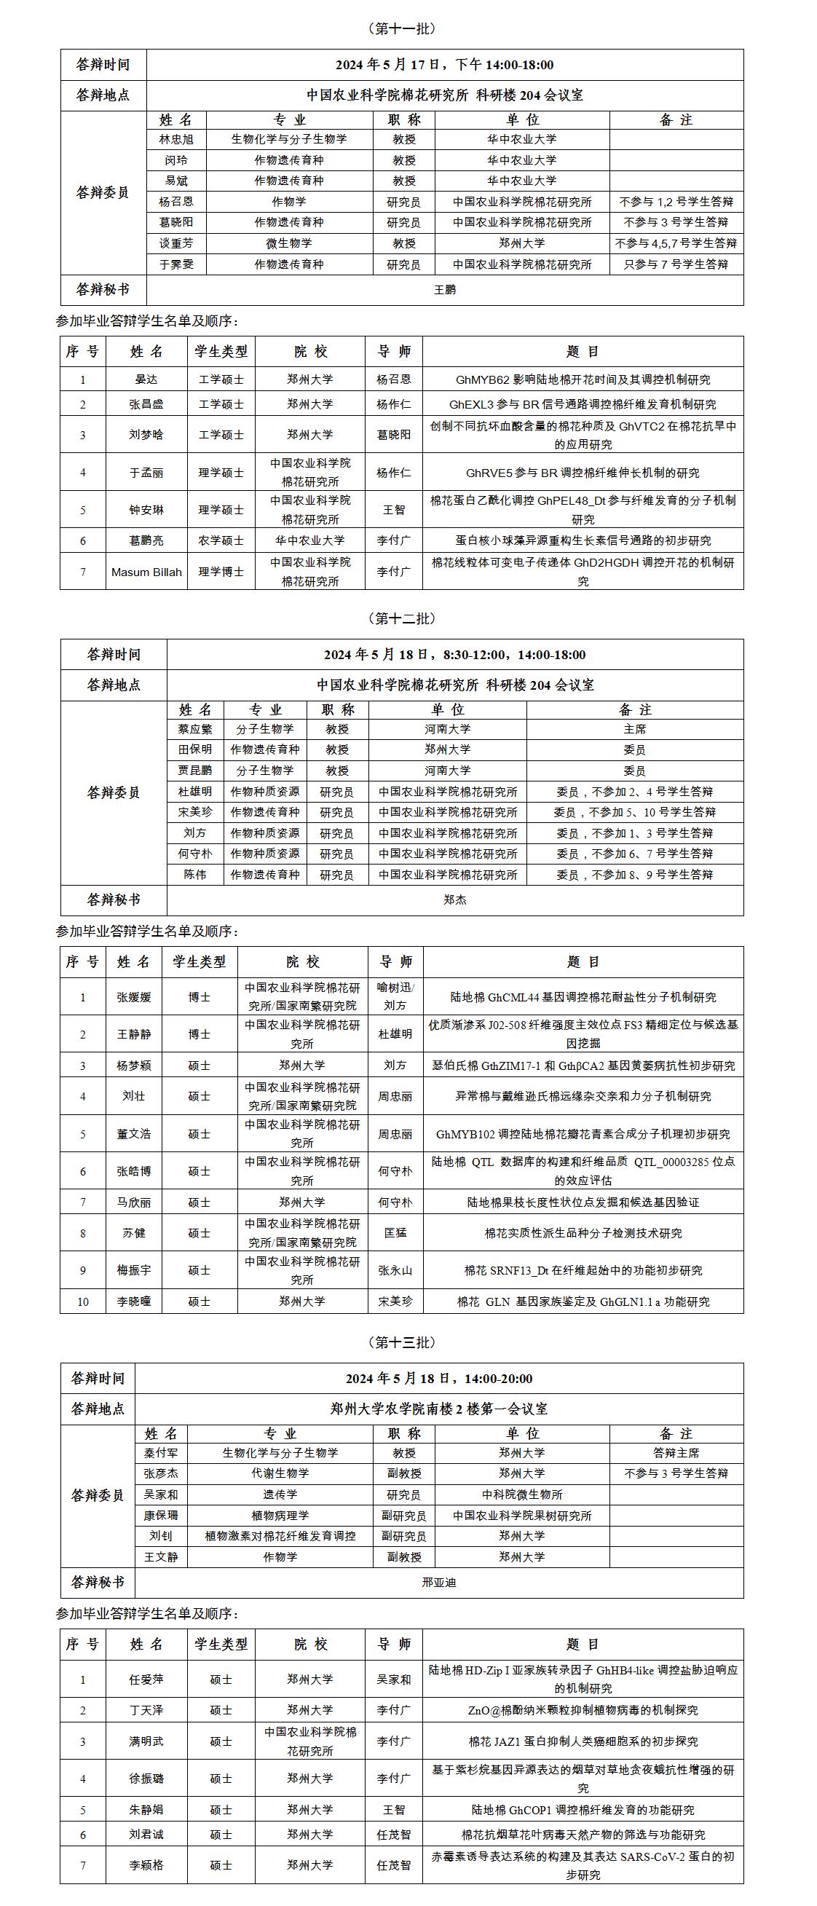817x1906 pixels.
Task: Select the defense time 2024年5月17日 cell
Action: tap(444, 65)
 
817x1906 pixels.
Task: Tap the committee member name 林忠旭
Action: tap(176, 139)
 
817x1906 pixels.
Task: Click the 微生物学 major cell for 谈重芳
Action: tap(288, 243)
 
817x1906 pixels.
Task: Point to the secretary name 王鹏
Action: tap(444, 290)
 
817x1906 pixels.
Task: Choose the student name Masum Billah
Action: tap(146, 571)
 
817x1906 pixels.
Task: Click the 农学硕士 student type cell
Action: tap(221, 540)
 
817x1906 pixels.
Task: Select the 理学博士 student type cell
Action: tap(221, 571)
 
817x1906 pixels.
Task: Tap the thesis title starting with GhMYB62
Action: tap(583, 379)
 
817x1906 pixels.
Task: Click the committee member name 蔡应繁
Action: tap(194, 729)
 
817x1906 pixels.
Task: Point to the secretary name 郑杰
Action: tap(454, 899)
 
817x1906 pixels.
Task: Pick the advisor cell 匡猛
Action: tap(395, 1233)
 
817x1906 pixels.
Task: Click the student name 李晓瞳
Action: tap(134, 1301)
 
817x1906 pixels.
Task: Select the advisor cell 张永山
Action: tap(395, 1269)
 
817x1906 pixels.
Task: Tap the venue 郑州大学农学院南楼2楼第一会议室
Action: tap(439, 1409)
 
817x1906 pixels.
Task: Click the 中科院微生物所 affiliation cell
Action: tap(521, 1494)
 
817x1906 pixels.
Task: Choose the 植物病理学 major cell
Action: tap(280, 1515)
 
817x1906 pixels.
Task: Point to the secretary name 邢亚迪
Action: tap(439, 1583)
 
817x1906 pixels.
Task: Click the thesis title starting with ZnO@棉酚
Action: tap(583, 1710)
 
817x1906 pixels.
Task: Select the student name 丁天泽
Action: tap(146, 1710)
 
